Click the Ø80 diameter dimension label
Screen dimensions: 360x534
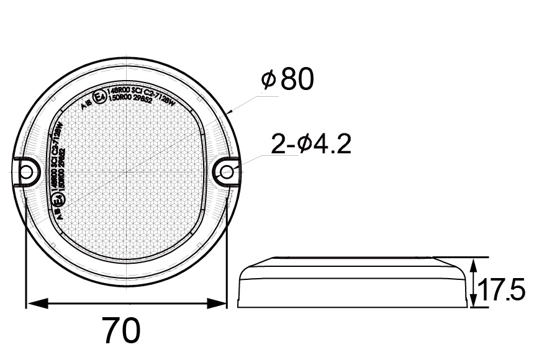coord(287,79)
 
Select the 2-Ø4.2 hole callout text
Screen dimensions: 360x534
coord(311,144)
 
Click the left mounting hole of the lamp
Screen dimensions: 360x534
coord(25,172)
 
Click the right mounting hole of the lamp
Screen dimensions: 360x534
coord(228,172)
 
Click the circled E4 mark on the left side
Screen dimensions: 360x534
coord(58,200)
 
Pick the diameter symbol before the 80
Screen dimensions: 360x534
coord(268,80)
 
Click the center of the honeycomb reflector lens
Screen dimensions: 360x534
coord(127,171)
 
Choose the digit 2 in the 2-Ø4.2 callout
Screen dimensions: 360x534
coord(278,144)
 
